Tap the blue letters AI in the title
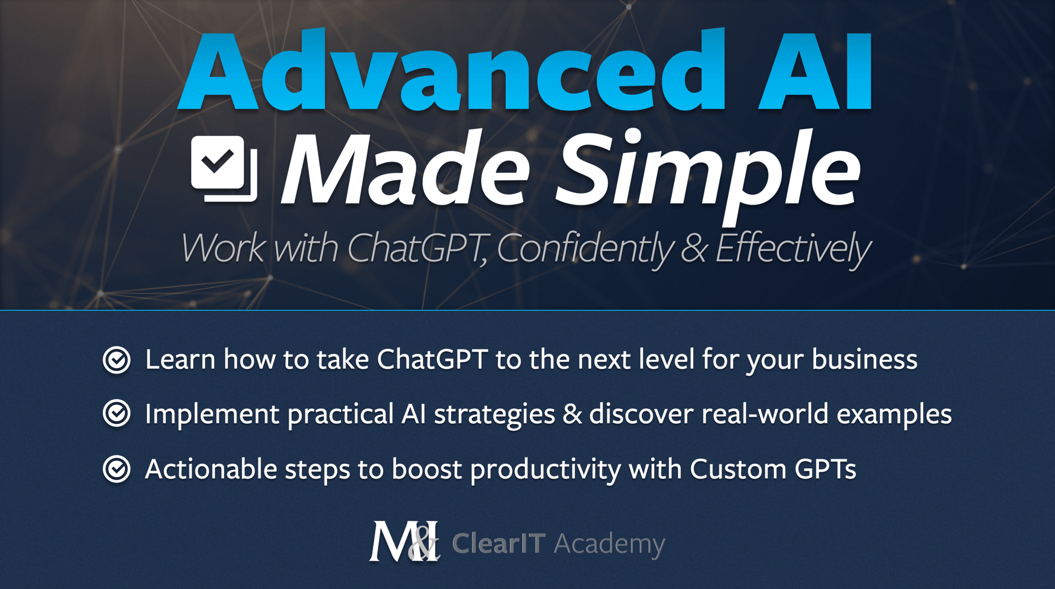pos(816,71)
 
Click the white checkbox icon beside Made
pos(224,169)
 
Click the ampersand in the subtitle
pos(694,249)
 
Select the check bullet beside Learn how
pos(117,360)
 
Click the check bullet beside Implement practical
pos(117,414)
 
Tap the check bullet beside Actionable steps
pos(117,469)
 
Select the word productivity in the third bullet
pos(545,469)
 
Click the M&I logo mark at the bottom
pos(404,542)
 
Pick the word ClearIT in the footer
pos(498,543)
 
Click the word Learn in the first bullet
pos(180,360)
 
